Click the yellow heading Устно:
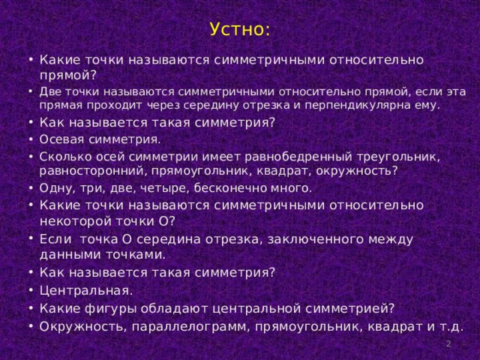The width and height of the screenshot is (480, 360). coord(240,29)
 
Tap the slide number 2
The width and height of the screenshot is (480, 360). coord(448,343)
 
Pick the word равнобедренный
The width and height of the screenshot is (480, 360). coord(298,157)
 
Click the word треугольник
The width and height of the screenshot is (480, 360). coord(398,157)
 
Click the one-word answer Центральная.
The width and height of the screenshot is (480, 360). coord(86,290)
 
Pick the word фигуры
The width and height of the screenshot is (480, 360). coord(110,309)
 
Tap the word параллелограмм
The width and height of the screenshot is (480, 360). coord(189,327)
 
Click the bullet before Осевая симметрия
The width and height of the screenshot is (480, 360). coord(31,139)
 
